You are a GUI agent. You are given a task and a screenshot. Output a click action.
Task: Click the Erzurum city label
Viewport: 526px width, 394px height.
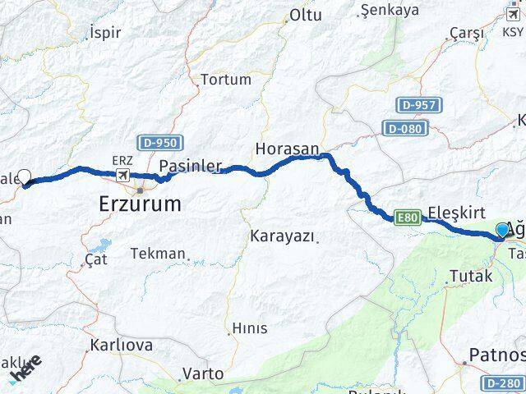pyautogui.click(x=141, y=203)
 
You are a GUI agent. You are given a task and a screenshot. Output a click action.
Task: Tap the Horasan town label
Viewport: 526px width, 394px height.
pyautogui.click(x=287, y=149)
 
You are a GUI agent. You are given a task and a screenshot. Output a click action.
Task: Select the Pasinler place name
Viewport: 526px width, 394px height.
pyautogui.click(x=190, y=166)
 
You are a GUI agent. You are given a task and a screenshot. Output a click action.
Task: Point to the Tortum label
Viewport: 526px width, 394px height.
pyautogui.click(x=226, y=80)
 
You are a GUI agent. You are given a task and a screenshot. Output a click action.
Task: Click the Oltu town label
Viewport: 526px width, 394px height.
pyautogui.click(x=306, y=15)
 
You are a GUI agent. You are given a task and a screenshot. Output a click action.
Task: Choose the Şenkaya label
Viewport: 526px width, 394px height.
pyautogui.click(x=390, y=11)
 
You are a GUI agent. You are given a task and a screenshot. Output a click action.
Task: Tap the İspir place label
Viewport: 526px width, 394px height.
pyautogui.click(x=104, y=33)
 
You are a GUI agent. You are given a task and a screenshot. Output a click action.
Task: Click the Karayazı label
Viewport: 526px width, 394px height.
pyautogui.click(x=282, y=236)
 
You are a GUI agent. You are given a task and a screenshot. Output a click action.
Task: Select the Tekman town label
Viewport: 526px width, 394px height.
pyautogui.click(x=158, y=254)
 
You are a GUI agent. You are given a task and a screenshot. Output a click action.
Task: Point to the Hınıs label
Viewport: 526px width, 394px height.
pyautogui.click(x=250, y=328)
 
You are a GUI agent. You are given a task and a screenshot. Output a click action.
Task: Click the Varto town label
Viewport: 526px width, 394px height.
pyautogui.click(x=202, y=373)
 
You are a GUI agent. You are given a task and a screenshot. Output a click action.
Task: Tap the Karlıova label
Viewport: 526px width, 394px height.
pyautogui.click(x=122, y=345)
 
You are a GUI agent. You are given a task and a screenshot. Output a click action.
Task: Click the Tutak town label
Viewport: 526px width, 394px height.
pyautogui.click(x=473, y=277)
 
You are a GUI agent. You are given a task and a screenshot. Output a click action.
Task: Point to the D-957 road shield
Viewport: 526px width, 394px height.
pyautogui.click(x=420, y=105)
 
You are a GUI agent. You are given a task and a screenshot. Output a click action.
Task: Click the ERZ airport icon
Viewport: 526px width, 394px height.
pyautogui.click(x=123, y=175)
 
